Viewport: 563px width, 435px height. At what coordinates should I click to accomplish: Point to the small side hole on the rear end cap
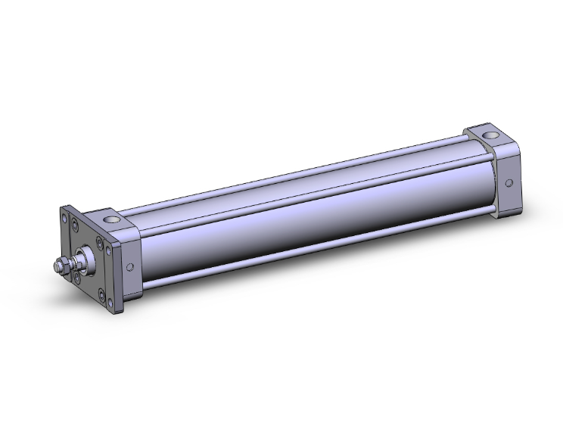point(509,183)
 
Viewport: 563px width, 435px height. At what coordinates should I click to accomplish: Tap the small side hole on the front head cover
point(129,266)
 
